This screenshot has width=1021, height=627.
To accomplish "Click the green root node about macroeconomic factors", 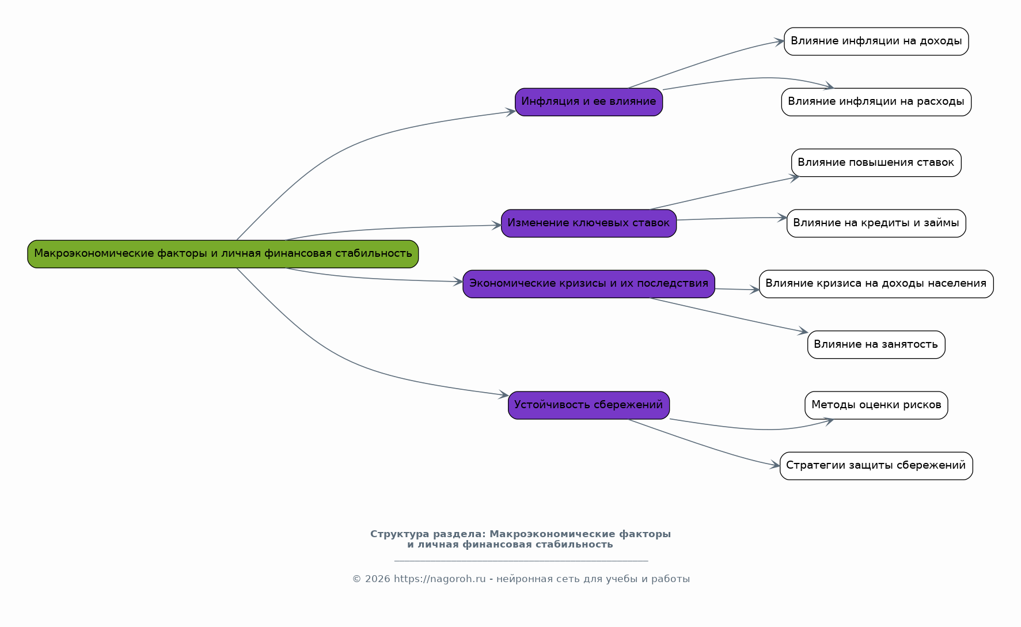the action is click(223, 254).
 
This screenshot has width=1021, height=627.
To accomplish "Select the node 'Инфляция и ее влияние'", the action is click(589, 102).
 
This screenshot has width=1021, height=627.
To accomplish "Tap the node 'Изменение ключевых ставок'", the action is click(589, 223).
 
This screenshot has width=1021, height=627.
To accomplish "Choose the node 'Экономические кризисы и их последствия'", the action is click(589, 284).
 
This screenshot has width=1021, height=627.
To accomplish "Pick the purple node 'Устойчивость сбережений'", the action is click(589, 405).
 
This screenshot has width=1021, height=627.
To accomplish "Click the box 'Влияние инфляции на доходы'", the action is click(876, 41).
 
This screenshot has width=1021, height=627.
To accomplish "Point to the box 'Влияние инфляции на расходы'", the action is click(876, 102).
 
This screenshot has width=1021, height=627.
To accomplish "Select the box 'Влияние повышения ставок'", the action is click(876, 163).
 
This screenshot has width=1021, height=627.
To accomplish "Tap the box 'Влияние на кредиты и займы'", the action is click(876, 223).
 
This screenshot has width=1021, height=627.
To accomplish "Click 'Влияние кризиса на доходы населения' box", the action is click(876, 284).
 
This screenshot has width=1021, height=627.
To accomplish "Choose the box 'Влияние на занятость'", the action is click(876, 345).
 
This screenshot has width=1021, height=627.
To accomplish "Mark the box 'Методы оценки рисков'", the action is click(876, 405).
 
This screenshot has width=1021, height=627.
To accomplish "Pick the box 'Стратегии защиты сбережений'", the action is click(876, 466).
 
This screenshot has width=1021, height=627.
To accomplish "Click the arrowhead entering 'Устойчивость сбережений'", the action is click(504, 395).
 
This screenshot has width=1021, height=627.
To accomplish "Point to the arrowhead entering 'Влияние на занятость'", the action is click(803, 332).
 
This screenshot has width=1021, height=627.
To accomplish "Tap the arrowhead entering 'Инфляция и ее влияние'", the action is click(510, 112).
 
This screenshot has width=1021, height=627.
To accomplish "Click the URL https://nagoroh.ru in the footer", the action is click(440, 579).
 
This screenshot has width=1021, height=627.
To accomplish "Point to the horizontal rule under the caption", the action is click(521, 560).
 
